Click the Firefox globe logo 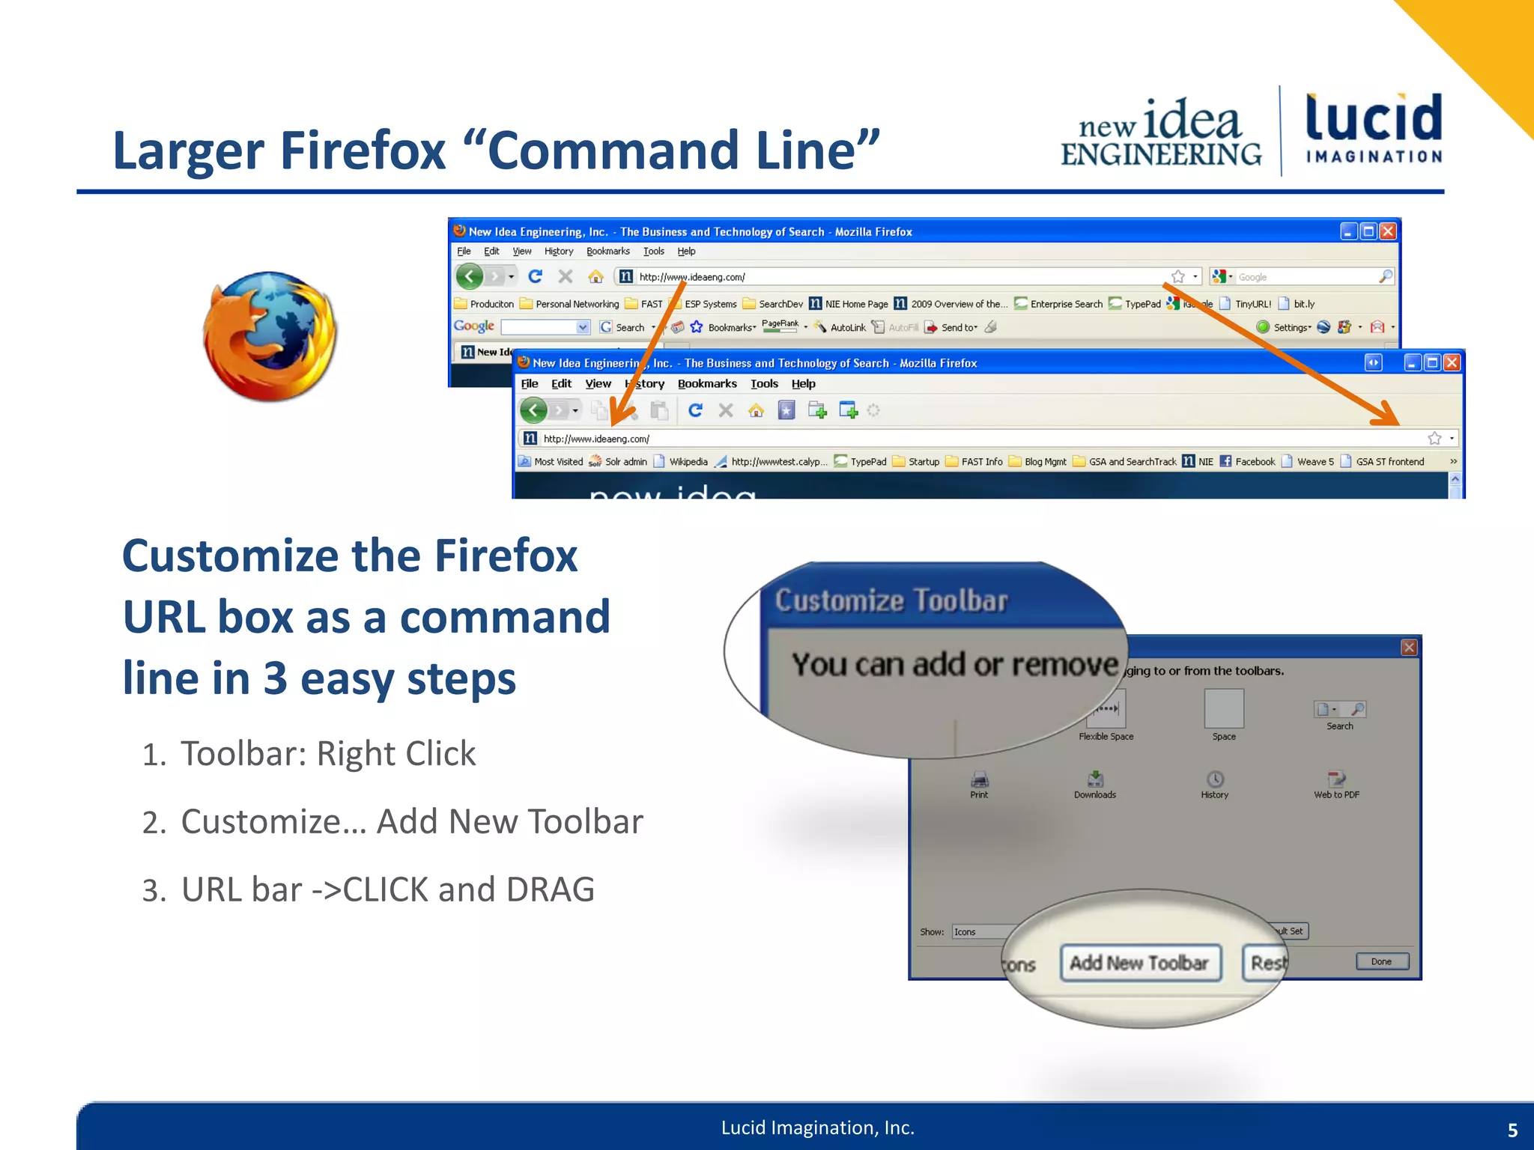[x=270, y=336]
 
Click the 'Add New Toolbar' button [x=1139, y=963]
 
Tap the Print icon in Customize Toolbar [x=979, y=780]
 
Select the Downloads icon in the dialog [x=1095, y=779]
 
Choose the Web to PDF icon [x=1336, y=779]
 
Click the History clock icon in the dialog [x=1215, y=779]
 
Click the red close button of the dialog [x=1409, y=648]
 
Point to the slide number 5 [x=1512, y=1130]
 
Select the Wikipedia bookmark [x=688, y=462]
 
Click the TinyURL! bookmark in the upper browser [x=1252, y=304]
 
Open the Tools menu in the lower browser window [x=764, y=384]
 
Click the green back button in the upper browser [x=470, y=277]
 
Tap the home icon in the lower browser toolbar [x=757, y=410]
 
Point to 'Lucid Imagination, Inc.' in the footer [x=818, y=1128]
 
